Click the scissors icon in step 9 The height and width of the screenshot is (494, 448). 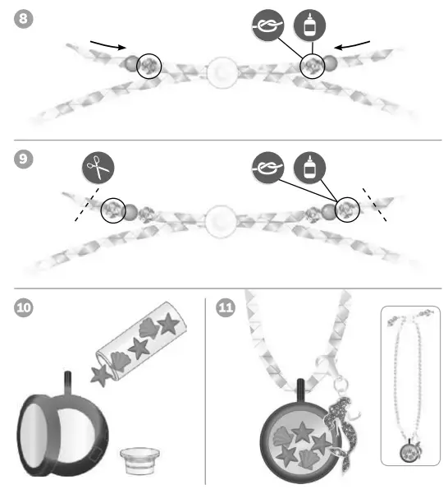[x=98, y=169]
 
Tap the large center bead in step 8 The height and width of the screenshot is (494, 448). [x=220, y=72]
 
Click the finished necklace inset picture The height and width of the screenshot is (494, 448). [x=410, y=386]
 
